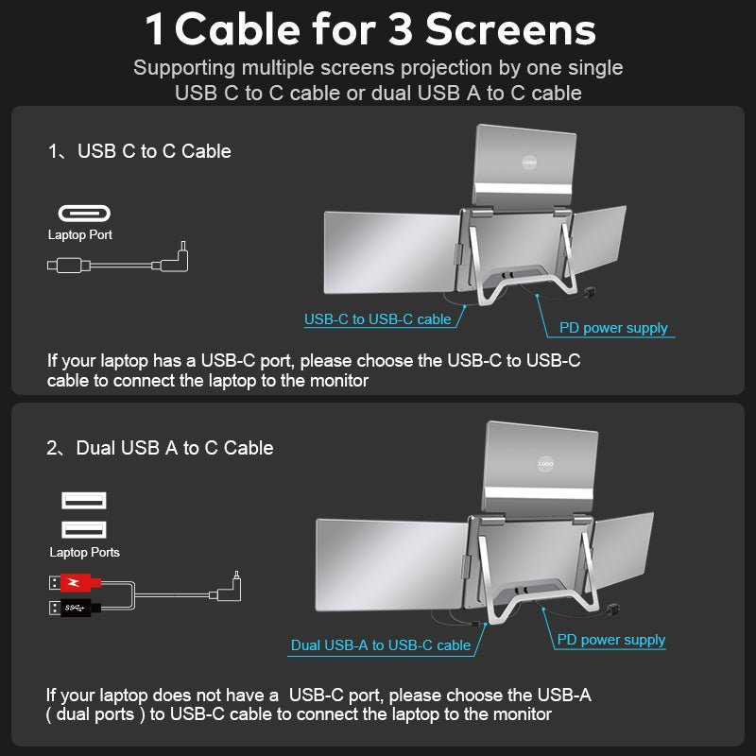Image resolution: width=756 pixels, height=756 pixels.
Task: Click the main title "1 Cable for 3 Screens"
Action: click(x=370, y=30)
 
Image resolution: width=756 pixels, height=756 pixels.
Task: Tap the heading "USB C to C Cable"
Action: click(x=154, y=151)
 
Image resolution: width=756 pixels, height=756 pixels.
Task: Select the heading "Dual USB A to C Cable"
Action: click(x=174, y=448)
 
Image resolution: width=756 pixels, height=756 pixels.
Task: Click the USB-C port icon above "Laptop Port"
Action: click(x=85, y=213)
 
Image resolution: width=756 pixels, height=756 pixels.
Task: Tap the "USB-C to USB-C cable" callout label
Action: click(x=377, y=319)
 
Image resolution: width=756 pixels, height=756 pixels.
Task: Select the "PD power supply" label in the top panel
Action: click(x=612, y=328)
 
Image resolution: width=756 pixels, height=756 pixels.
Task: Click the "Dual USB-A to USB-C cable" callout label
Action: click(x=380, y=644)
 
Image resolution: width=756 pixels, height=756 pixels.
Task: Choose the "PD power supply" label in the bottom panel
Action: click(x=610, y=640)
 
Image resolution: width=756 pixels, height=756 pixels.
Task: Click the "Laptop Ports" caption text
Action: click(x=84, y=552)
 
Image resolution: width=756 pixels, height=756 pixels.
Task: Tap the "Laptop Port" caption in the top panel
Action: click(x=80, y=235)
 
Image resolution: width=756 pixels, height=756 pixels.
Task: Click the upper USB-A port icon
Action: click(x=84, y=501)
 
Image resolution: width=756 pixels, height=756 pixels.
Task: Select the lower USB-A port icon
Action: click(x=84, y=529)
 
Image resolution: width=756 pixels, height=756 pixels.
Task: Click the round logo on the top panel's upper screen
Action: click(x=530, y=163)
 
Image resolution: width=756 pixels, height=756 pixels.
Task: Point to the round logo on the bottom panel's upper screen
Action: click(x=545, y=464)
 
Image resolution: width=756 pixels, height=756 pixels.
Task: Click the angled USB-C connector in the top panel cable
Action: click(x=178, y=258)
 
